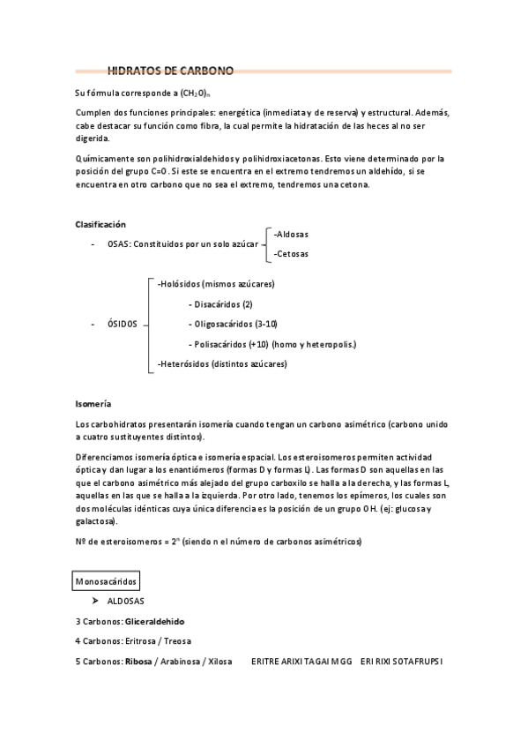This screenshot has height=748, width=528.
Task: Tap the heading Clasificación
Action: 100,225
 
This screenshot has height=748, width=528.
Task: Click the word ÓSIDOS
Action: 123,324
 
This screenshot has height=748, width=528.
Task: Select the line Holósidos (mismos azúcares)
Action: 216,284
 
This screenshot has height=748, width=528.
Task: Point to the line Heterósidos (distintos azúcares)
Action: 222,363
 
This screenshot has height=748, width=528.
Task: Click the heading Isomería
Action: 93,403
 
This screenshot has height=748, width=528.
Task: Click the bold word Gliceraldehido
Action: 160,621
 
